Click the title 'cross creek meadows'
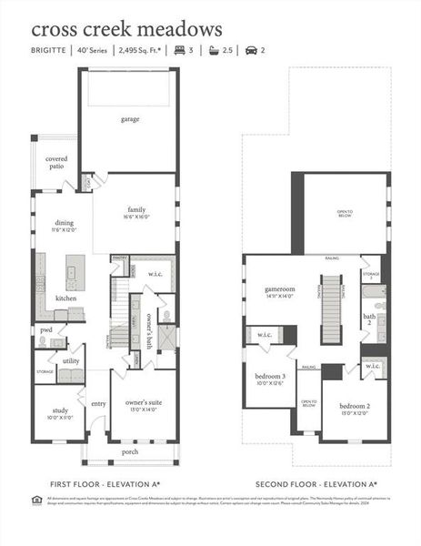point(126,30)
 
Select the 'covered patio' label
point(55,163)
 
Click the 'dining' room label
point(65,223)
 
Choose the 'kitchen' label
point(66,298)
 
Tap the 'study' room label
point(57,409)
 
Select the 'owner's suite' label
point(143,402)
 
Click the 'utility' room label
point(71,361)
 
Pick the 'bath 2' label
point(369,319)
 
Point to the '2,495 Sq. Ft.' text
point(140,52)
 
